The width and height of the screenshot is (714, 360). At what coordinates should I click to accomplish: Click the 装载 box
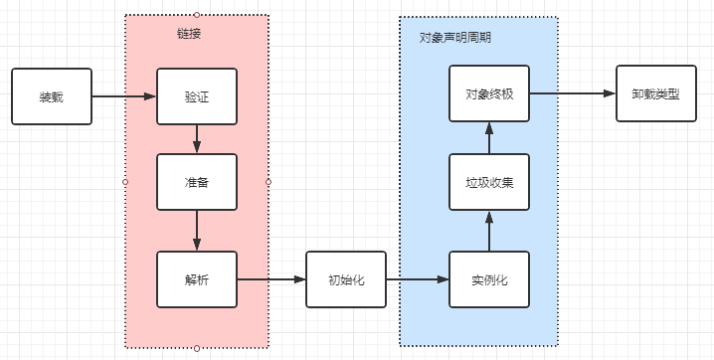pos(51,96)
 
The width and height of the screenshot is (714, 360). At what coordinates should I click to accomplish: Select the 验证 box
pos(197,96)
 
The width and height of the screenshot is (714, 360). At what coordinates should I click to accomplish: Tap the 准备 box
pos(197,182)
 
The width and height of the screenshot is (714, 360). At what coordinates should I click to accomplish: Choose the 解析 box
pos(197,279)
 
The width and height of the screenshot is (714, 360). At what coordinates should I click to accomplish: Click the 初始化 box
pos(345,279)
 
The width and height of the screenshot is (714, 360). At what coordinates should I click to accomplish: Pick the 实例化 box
pos(488,279)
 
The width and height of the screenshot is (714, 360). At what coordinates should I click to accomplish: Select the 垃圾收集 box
pos(488,182)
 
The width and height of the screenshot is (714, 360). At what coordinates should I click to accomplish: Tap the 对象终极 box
pos(488,94)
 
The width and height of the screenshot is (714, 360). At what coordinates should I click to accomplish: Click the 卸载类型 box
pos(655,94)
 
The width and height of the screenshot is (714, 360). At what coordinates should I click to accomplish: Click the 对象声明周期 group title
pos(454,37)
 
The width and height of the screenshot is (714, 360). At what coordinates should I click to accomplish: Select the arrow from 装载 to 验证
pos(124,96)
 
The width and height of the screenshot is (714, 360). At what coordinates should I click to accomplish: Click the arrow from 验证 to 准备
pos(197,139)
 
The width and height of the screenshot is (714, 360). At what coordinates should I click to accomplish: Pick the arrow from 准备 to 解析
pos(197,231)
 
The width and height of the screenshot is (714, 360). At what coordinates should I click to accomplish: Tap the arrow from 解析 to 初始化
pos(271,279)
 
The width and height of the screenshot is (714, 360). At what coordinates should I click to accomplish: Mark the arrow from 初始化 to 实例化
pos(417,279)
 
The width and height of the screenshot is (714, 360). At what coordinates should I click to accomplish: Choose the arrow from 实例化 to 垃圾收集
pos(488,231)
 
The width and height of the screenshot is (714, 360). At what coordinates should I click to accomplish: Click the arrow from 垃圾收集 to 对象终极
pos(488,138)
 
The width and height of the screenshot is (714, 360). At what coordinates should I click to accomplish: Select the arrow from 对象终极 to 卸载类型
pos(572,94)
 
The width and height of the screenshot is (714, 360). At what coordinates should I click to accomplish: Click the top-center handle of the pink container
pos(197,14)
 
